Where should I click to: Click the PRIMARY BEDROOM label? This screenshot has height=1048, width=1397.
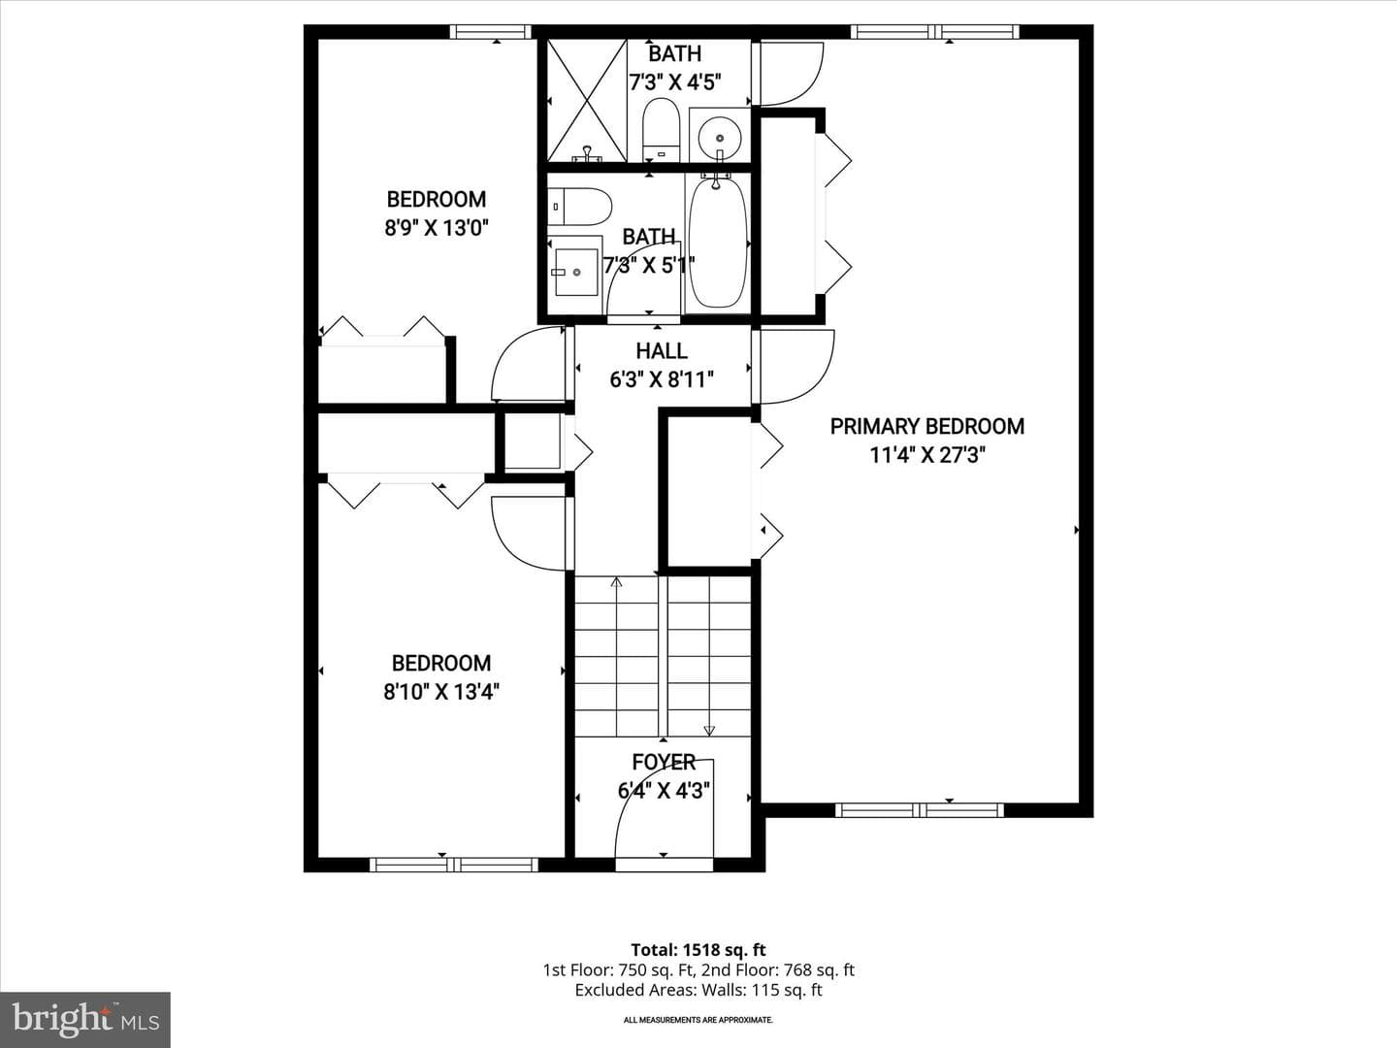click(927, 426)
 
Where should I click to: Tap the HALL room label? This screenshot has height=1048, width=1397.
click(662, 350)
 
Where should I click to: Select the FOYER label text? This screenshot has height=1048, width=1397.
click(664, 762)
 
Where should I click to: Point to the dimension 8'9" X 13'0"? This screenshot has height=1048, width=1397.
click(437, 228)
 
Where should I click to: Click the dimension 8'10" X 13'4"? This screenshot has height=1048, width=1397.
click(441, 692)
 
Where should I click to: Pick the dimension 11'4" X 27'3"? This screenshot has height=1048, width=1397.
click(927, 456)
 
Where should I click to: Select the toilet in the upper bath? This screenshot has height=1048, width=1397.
click(662, 129)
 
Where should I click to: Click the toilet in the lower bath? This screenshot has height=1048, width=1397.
click(579, 206)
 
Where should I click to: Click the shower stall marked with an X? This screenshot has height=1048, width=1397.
click(587, 100)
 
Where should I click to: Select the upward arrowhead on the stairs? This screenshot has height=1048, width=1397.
click(616, 581)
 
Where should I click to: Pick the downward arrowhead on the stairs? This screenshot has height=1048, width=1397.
click(709, 731)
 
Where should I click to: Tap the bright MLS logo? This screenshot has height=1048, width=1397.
click(85, 1020)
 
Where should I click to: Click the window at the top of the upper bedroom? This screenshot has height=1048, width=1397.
click(490, 32)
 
